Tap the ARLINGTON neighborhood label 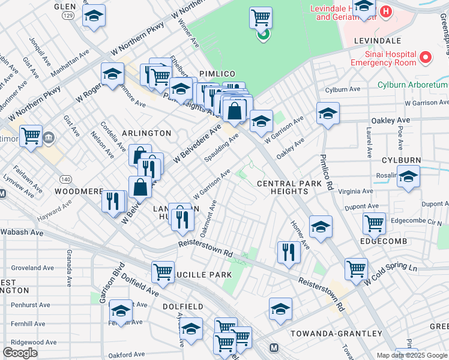pos(147,133)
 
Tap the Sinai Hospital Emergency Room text pos(384,58)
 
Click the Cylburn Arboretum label pos(412,85)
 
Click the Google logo pos(20,352)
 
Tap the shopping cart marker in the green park pos(261,18)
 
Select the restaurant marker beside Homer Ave pos(289,252)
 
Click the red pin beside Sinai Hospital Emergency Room pos(426,58)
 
